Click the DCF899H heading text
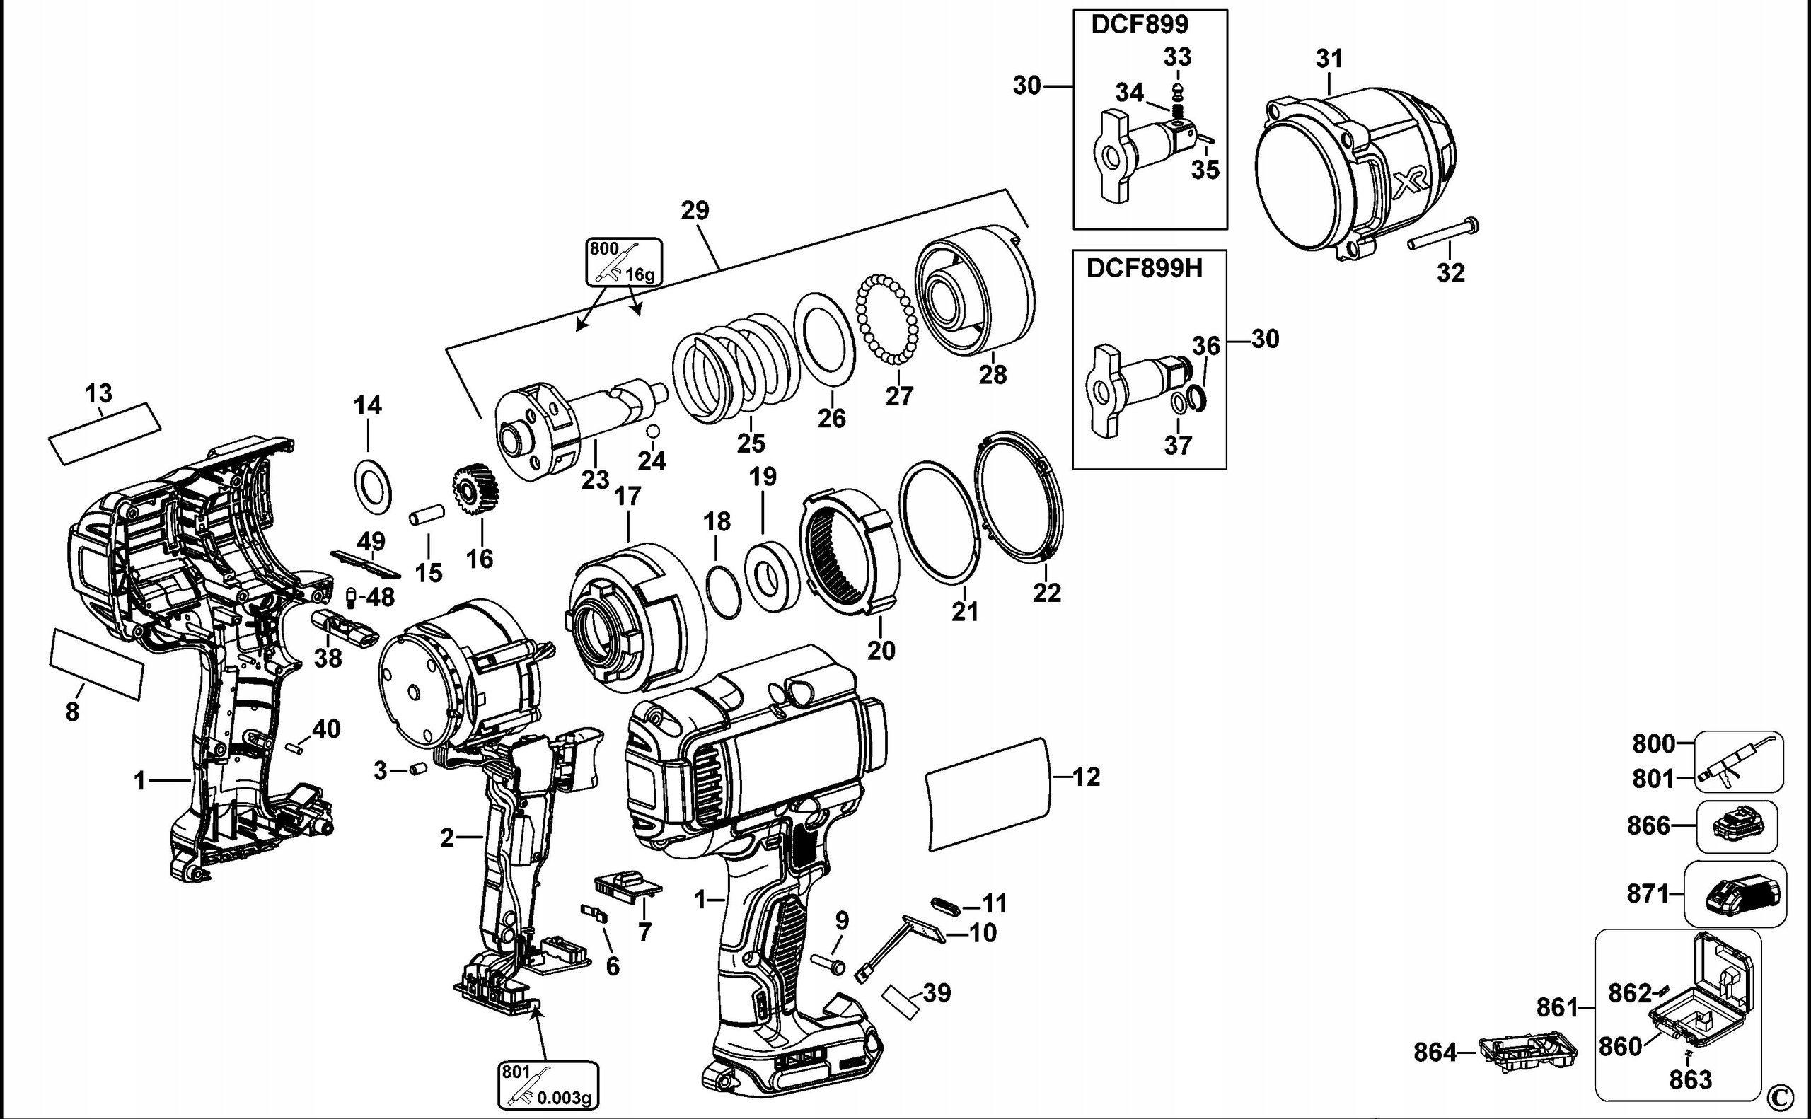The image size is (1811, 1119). click(1144, 268)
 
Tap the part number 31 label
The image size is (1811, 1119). click(1329, 59)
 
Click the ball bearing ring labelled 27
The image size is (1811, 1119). click(886, 319)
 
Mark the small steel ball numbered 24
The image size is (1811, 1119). click(653, 431)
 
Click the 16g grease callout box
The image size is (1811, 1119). click(624, 262)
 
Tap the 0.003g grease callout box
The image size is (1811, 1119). click(548, 1086)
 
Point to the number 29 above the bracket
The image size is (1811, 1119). click(695, 210)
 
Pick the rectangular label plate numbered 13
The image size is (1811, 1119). click(105, 434)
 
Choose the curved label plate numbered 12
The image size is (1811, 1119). click(989, 794)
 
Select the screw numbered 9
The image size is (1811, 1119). click(830, 963)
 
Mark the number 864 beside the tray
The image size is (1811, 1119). click(1435, 1052)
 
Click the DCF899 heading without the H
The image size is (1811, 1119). click(1139, 23)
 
